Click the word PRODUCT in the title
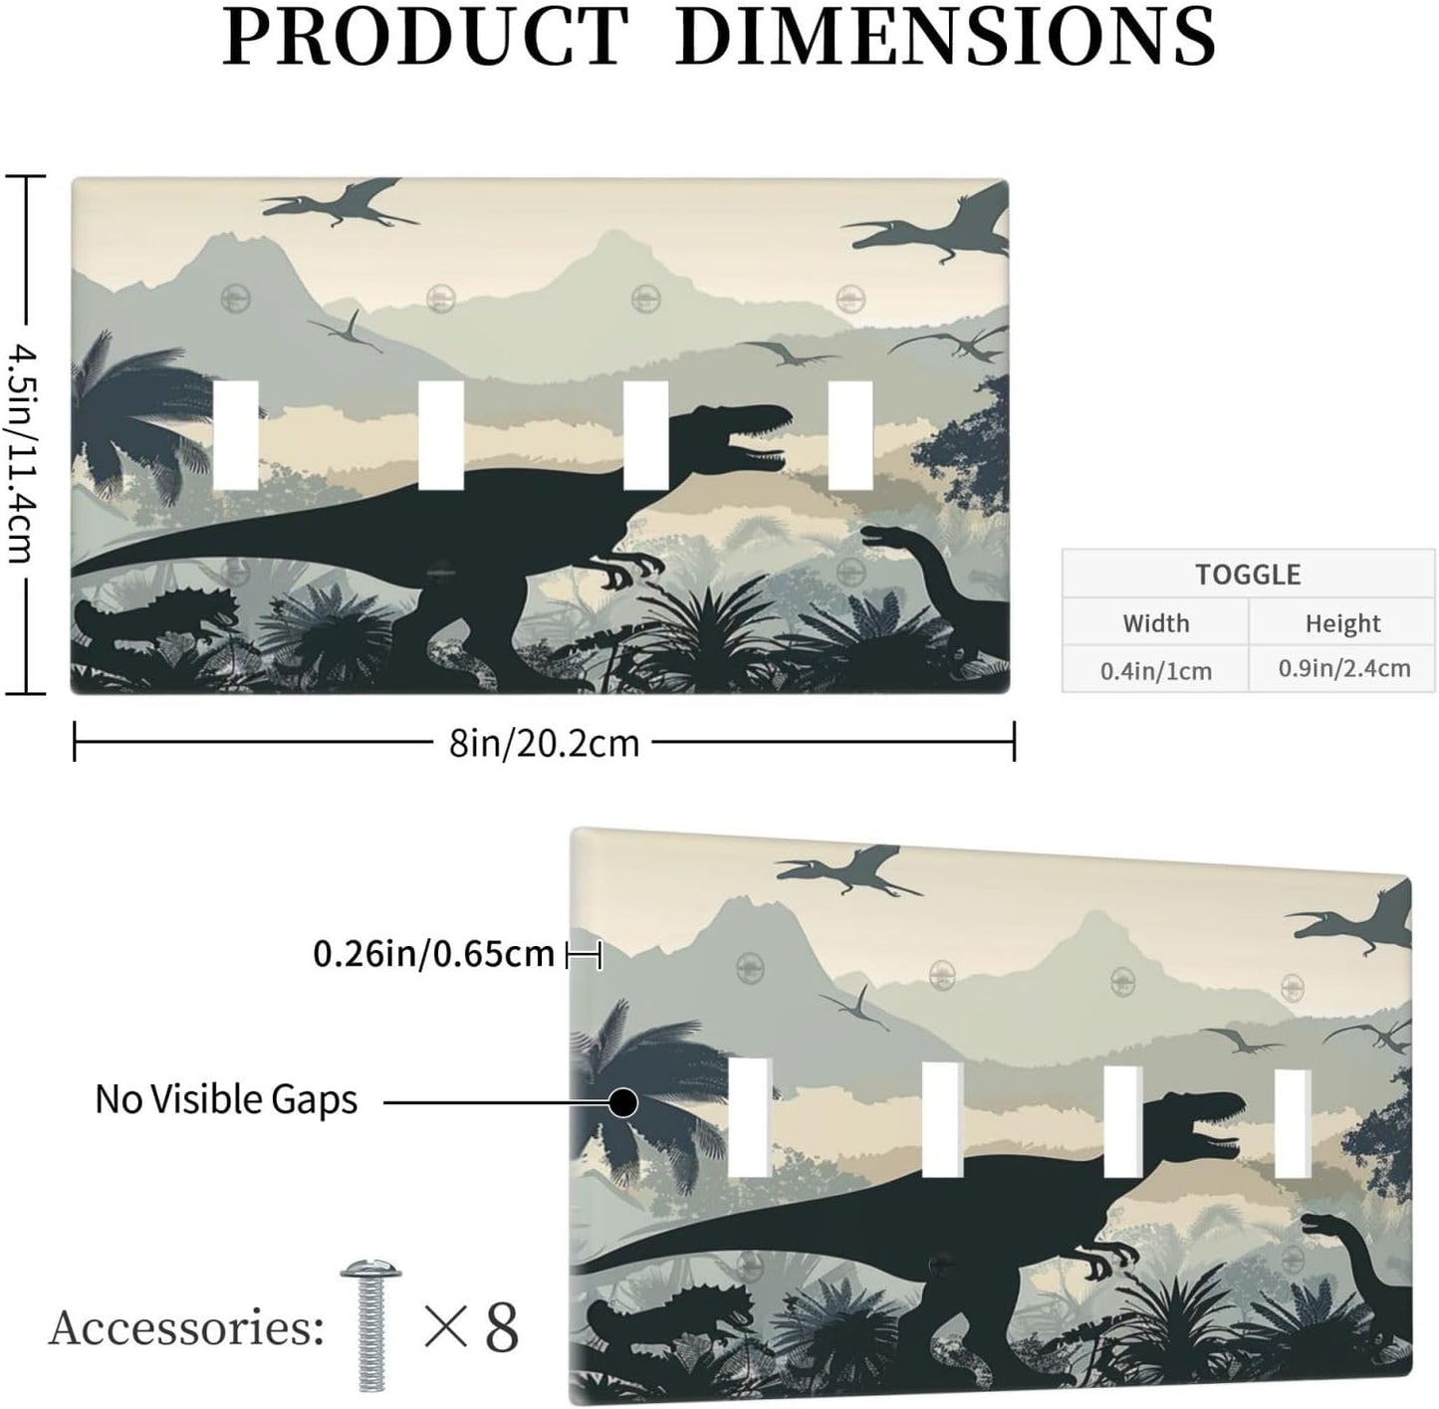[x=425, y=37]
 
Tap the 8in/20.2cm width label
[x=545, y=744]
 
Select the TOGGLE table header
[x=1248, y=575]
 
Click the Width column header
[x=1155, y=623]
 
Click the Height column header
[x=1342, y=623]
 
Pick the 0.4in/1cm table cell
[x=1155, y=671]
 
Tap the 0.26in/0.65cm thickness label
[x=434, y=954]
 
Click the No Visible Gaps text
[x=226, y=1100]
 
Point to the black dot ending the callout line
[x=622, y=1103]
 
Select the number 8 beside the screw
[x=501, y=1328]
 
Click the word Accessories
[x=186, y=1328]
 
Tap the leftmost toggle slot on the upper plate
[x=236, y=435]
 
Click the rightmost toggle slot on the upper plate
[x=850, y=435]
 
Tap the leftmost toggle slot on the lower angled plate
[x=749, y=1117]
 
